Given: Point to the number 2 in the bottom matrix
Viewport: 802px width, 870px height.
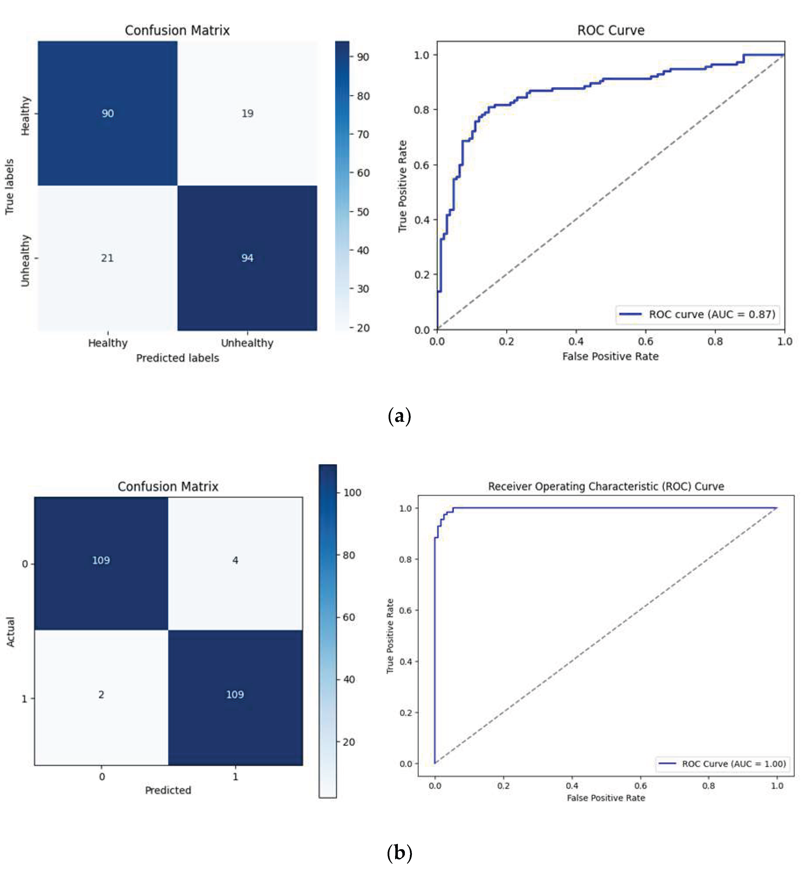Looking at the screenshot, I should coord(101,694).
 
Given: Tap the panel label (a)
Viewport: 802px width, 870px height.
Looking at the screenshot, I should coord(399,416).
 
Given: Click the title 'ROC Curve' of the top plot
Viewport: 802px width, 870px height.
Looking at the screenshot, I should coord(611,30).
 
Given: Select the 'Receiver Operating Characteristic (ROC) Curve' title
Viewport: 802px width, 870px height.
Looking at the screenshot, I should coord(606,486).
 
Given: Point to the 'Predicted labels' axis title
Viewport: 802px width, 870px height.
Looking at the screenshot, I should coord(177,358).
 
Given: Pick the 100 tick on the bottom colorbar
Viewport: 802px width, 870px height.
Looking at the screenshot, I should coord(352,492).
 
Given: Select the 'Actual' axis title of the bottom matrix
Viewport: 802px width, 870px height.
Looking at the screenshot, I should coord(10,632).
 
